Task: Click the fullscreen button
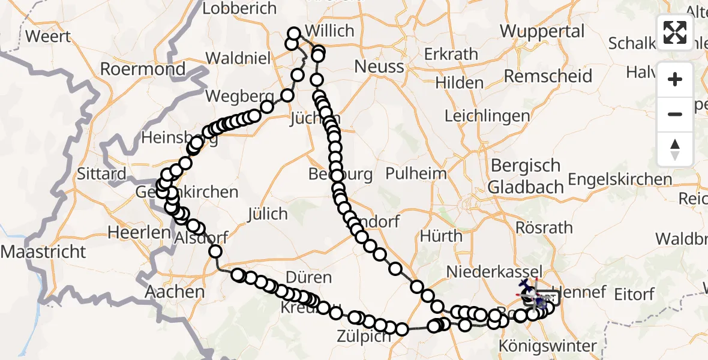675,32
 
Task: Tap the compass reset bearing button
675,149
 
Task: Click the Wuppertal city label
542,31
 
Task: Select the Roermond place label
143,69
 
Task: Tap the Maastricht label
44,251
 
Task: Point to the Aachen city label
175,292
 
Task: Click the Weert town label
48,36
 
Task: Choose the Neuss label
379,66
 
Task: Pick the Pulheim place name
416,174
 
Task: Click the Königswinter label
548,346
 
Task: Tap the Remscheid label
548,76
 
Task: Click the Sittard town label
102,175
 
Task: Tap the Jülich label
267,214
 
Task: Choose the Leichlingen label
487,116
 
